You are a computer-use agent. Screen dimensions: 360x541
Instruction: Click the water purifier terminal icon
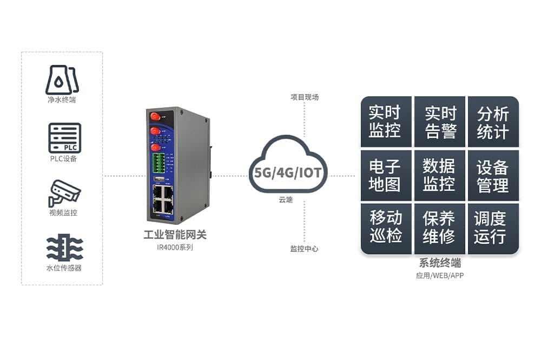(62, 80)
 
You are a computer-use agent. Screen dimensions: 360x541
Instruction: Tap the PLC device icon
(64, 138)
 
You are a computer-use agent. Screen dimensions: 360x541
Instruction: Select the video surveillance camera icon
(64, 192)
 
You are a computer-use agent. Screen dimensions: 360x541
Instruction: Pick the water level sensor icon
(64, 248)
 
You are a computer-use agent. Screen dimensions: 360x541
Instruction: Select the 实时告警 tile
(440, 122)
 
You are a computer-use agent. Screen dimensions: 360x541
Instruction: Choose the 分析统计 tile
(493, 122)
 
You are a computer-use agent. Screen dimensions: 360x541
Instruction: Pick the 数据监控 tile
(440, 175)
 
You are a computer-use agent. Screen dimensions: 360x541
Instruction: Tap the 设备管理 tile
(493, 175)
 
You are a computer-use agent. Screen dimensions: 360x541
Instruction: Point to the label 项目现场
(305, 97)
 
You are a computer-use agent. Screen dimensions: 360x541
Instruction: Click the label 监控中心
(304, 249)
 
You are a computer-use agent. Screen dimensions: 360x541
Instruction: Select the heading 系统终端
(440, 264)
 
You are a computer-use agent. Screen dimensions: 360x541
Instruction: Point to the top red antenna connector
(154, 116)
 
